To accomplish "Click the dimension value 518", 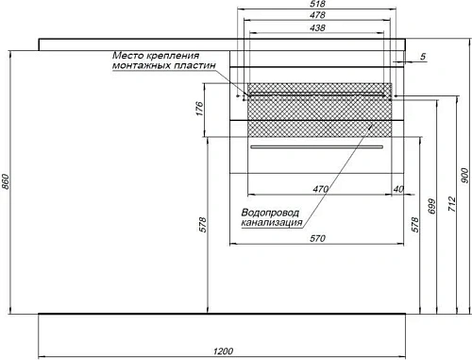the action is (x=316, y=6).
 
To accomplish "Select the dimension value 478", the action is (x=316, y=16).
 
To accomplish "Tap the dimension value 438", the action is (x=316, y=27).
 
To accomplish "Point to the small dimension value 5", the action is (x=423, y=58).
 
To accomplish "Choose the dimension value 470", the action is (x=321, y=190).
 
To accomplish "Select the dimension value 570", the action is (x=319, y=237).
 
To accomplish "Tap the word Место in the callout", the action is (x=128, y=55).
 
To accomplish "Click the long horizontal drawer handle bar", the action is (x=316, y=148).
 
